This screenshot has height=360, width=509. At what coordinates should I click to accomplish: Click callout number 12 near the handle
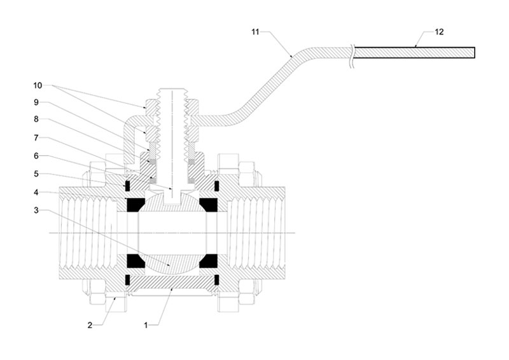point(439,32)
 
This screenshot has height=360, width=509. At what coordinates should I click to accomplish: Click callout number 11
point(255,32)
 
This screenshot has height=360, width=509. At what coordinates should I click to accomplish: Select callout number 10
point(38,85)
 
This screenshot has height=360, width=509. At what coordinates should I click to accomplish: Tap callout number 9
point(36,102)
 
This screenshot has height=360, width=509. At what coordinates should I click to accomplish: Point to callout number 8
point(36,120)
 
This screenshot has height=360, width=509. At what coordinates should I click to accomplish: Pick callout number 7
point(36,138)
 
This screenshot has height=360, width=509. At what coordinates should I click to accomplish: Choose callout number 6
point(36,156)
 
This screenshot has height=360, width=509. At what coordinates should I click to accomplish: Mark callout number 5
point(36,174)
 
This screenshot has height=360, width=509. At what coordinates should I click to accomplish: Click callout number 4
point(36,193)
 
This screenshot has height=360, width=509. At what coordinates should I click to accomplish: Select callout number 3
point(36,211)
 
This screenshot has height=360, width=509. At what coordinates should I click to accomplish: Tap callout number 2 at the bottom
point(90,325)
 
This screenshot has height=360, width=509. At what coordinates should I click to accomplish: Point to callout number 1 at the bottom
point(146,325)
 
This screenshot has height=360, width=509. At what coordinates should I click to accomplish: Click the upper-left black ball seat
point(135,205)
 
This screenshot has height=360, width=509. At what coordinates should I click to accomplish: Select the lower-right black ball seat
point(209,261)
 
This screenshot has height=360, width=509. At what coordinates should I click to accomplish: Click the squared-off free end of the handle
point(475,53)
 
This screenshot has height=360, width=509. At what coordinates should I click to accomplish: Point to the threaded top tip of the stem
point(172,89)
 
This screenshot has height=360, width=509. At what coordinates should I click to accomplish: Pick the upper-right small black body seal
point(217,186)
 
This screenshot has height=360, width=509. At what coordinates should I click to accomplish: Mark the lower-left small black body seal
point(127,280)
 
